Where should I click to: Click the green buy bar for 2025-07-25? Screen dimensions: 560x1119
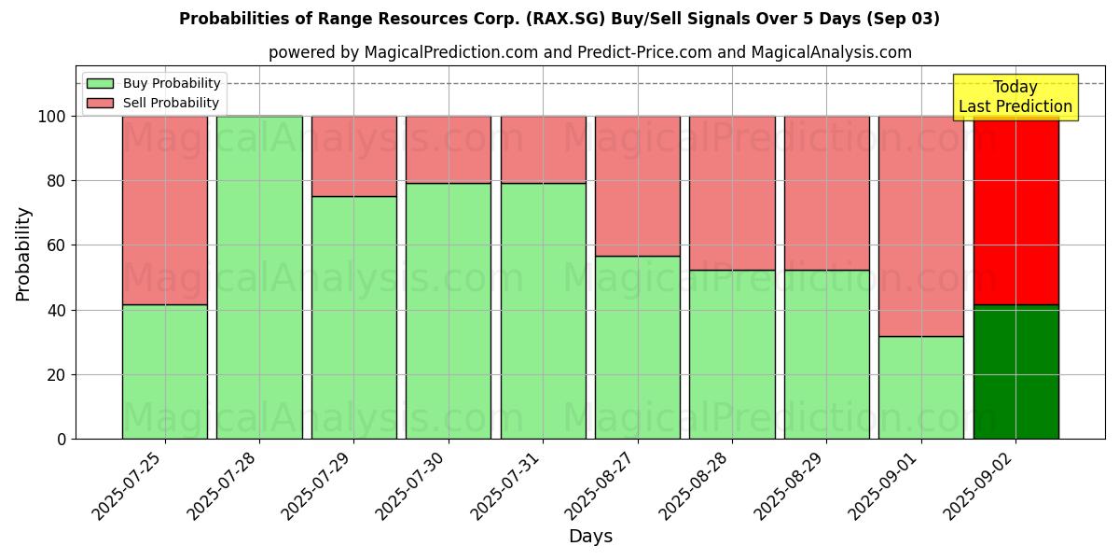coord(164,371)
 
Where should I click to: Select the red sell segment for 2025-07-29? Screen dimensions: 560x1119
coord(353,156)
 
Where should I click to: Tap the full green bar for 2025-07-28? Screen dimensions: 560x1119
coord(259,277)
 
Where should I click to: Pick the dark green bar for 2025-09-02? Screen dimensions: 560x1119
coord(1015,371)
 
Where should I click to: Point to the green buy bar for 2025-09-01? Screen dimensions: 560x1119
coord(920,387)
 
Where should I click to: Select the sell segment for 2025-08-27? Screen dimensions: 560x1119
coord(637,186)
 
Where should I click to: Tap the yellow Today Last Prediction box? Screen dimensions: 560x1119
coord(1015,97)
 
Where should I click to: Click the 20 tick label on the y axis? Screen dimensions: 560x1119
coord(58,375)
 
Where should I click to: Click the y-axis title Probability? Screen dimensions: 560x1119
coord(23,254)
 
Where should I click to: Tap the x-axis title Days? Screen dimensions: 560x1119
coord(590,537)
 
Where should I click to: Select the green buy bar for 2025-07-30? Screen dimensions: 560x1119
coord(448,311)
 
